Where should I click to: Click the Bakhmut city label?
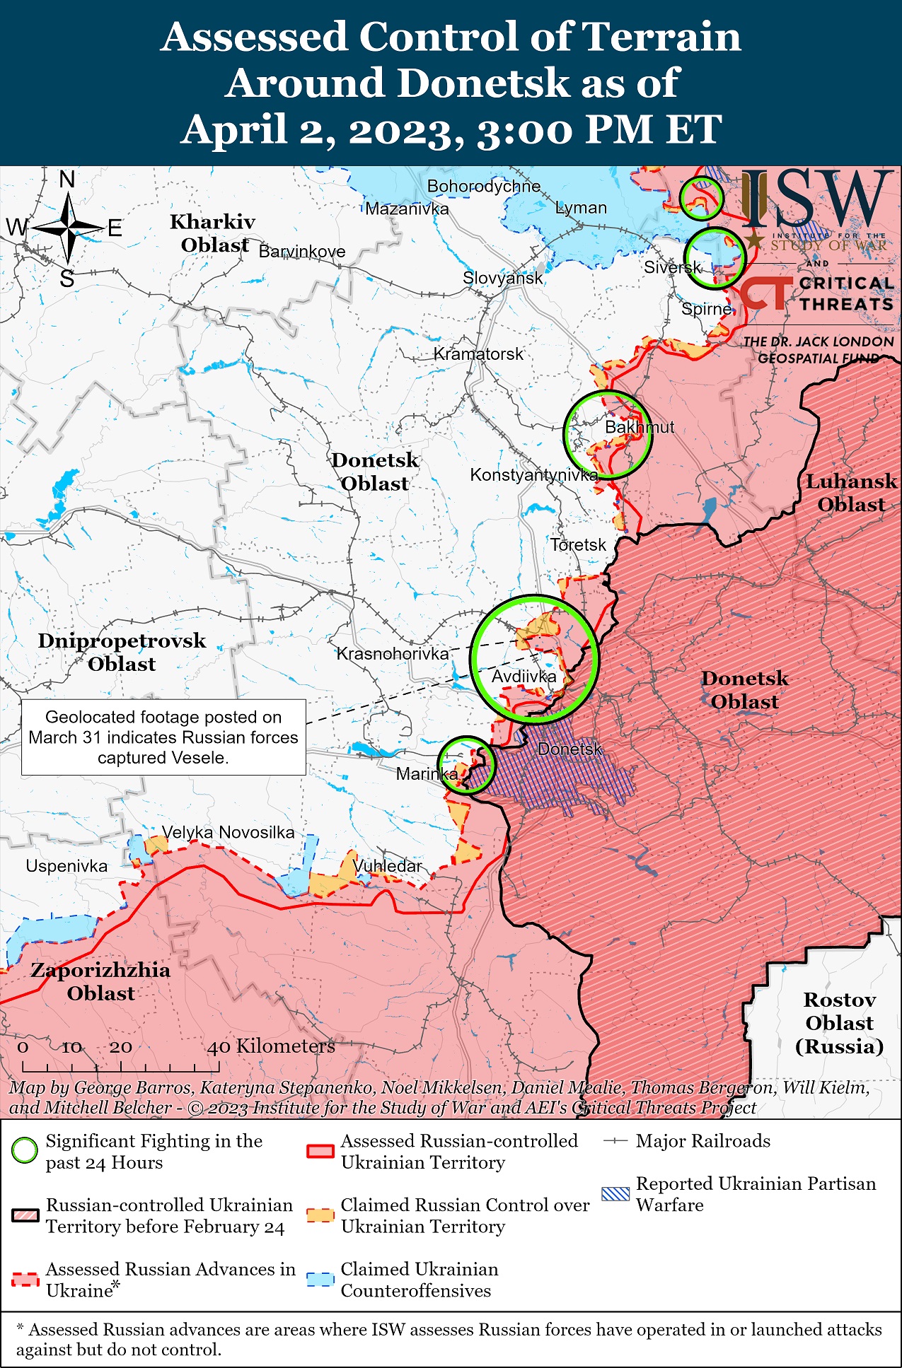(639, 427)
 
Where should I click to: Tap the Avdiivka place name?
(524, 677)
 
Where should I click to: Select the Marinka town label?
(427, 773)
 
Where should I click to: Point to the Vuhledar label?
(387, 866)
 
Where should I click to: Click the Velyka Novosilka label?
(228, 832)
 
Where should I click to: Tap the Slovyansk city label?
(502, 278)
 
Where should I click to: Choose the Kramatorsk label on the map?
(478, 353)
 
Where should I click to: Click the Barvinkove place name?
(302, 252)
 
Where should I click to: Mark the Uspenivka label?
(67, 866)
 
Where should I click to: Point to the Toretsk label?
(578, 545)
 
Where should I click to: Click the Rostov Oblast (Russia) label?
(839, 1022)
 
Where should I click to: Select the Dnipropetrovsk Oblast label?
(122, 652)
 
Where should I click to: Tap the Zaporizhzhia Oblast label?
(100, 981)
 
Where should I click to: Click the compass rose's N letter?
(67, 180)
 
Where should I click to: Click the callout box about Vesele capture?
(163, 737)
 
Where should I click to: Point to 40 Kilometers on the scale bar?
(270, 1046)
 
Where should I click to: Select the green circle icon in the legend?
(25, 1151)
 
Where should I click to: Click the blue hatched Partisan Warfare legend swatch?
(614, 1194)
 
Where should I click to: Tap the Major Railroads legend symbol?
(615, 1141)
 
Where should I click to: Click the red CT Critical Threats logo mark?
(765, 293)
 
